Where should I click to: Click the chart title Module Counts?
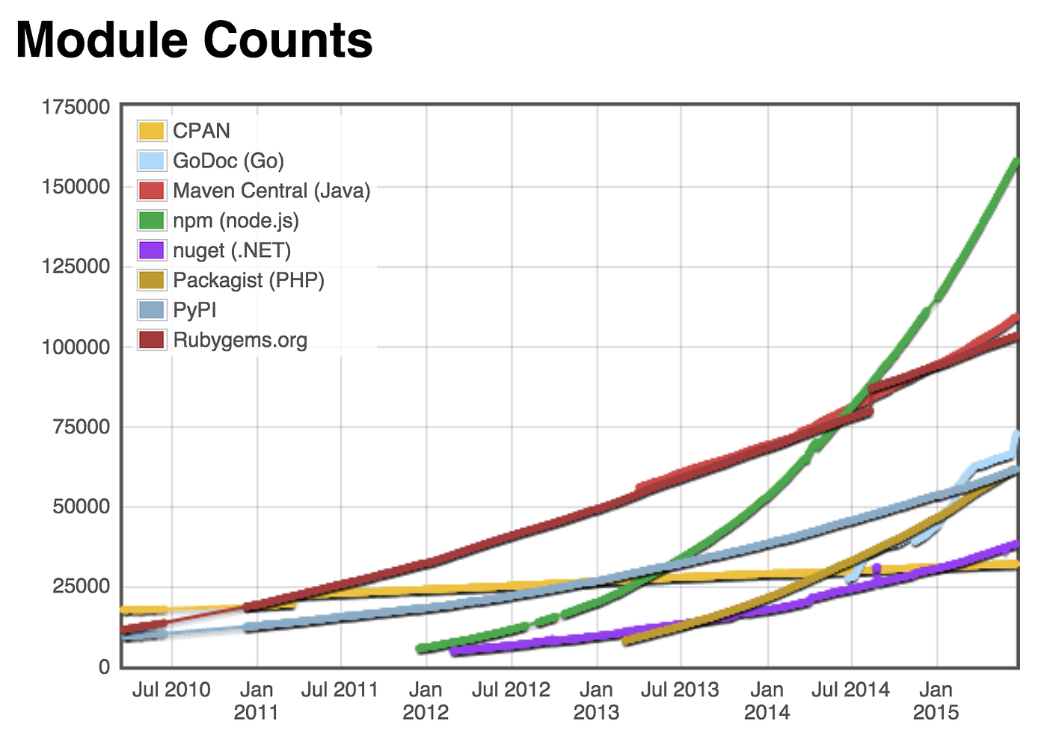194,40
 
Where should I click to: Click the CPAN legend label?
201,131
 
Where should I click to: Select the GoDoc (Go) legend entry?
228,161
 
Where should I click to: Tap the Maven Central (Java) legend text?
271,191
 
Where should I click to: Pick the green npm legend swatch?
151,220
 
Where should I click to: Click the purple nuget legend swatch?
151,250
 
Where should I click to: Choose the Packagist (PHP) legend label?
248,280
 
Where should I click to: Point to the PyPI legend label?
194,310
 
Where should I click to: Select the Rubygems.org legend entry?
240,340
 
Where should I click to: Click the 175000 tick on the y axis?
76,107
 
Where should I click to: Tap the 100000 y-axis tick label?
76,347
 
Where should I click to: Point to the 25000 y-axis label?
81,587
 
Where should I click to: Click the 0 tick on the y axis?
104,667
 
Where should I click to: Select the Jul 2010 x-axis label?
171,690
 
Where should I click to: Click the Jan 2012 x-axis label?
426,700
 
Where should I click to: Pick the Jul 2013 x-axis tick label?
680,690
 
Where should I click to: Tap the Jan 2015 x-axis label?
936,700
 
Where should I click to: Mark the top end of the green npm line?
1016,161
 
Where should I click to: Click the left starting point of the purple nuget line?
454,652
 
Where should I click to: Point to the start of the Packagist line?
625,641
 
